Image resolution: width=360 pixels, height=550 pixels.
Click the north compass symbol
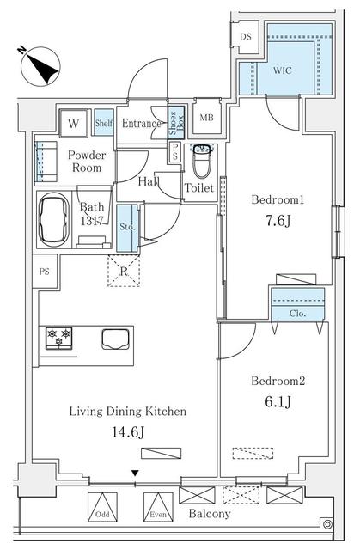(40, 67)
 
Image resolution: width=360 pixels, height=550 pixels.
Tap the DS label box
(245, 36)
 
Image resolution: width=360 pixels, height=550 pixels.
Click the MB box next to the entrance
(207, 118)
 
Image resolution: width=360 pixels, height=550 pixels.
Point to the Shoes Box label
(174, 122)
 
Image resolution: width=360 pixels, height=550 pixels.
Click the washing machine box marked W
(74, 124)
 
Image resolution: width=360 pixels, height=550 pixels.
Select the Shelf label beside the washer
(103, 124)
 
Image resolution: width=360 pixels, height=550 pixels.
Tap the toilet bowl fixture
(202, 160)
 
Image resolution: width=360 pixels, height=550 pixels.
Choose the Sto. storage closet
(126, 228)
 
